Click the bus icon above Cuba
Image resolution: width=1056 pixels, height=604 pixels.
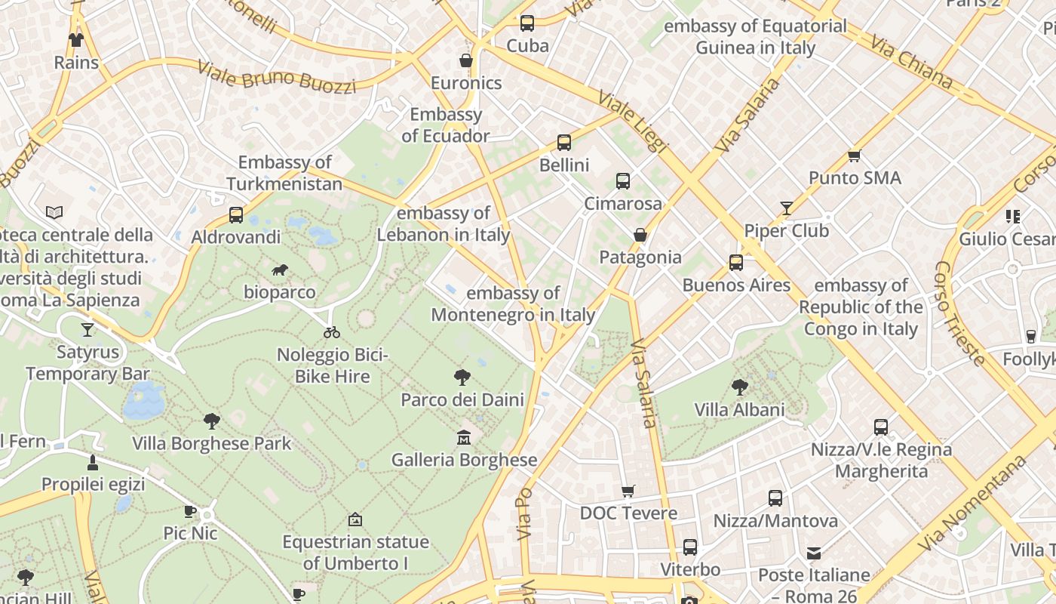[x=526, y=23]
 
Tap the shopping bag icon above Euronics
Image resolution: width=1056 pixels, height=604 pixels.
[x=466, y=60]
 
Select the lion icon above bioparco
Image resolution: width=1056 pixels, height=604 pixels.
[x=280, y=270]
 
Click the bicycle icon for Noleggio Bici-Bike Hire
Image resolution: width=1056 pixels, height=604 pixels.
[x=332, y=331]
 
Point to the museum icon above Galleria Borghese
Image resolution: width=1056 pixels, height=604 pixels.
[x=464, y=437]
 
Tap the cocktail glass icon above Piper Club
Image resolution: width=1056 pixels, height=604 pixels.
[x=787, y=208]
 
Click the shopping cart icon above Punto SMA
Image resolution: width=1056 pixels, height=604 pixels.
[x=854, y=156]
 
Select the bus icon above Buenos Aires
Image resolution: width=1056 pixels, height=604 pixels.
[x=736, y=263]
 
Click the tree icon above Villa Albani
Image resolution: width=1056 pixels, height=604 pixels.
[x=739, y=387]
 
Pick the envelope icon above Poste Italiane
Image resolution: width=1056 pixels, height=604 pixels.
[x=814, y=553]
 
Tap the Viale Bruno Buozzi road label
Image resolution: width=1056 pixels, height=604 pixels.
[x=276, y=76]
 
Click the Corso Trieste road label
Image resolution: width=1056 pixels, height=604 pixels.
[x=959, y=313]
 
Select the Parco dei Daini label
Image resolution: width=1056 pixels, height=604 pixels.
[x=462, y=399]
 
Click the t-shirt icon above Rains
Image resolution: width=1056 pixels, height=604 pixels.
[x=76, y=39]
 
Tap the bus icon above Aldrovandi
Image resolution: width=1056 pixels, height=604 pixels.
[x=236, y=215]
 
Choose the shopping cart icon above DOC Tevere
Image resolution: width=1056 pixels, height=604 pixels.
[x=628, y=492]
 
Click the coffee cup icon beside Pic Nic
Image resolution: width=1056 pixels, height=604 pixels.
[x=190, y=511]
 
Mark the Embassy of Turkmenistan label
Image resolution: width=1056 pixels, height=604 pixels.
[x=284, y=173]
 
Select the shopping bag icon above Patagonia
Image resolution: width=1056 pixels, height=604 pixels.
[x=640, y=235]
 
